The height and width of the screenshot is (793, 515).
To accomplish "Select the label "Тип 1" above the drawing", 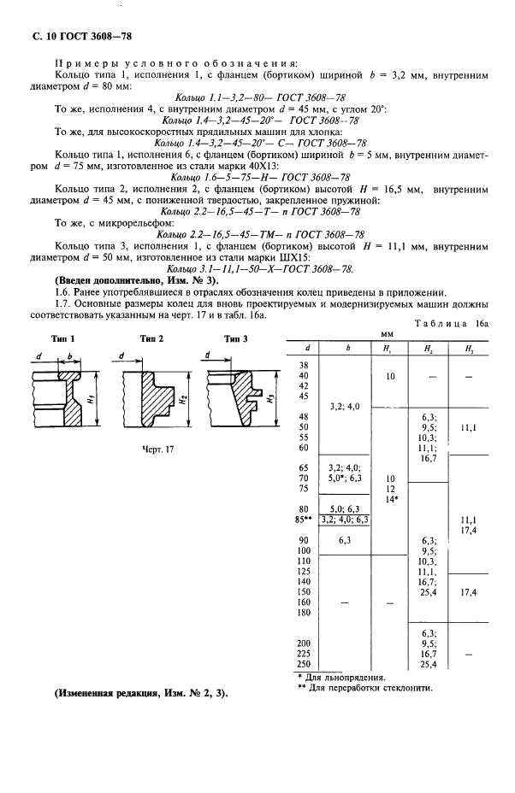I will click(62, 339).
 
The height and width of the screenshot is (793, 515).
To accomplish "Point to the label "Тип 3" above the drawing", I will click(236, 339).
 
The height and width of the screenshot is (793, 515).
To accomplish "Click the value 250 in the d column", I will click(303, 663).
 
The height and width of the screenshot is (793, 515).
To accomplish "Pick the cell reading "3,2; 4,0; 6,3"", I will click(343, 518).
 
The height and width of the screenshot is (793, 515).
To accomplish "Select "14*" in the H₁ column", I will click(390, 497).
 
